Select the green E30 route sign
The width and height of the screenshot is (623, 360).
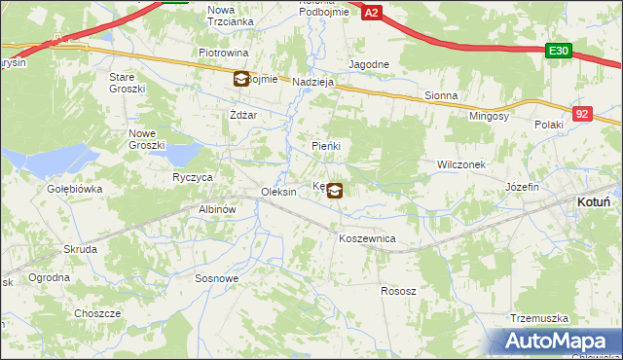(558, 52)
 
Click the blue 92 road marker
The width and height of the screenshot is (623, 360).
(582, 114)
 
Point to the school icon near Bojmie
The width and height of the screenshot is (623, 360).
(240, 80)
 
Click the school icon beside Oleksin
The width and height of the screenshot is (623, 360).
(334, 191)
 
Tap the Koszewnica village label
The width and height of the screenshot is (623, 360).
(366, 237)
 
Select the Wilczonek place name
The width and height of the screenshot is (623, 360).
(461, 164)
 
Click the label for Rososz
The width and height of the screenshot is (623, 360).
(398, 291)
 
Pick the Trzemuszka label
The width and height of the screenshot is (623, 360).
(538, 318)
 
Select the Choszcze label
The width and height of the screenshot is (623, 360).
(97, 313)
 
